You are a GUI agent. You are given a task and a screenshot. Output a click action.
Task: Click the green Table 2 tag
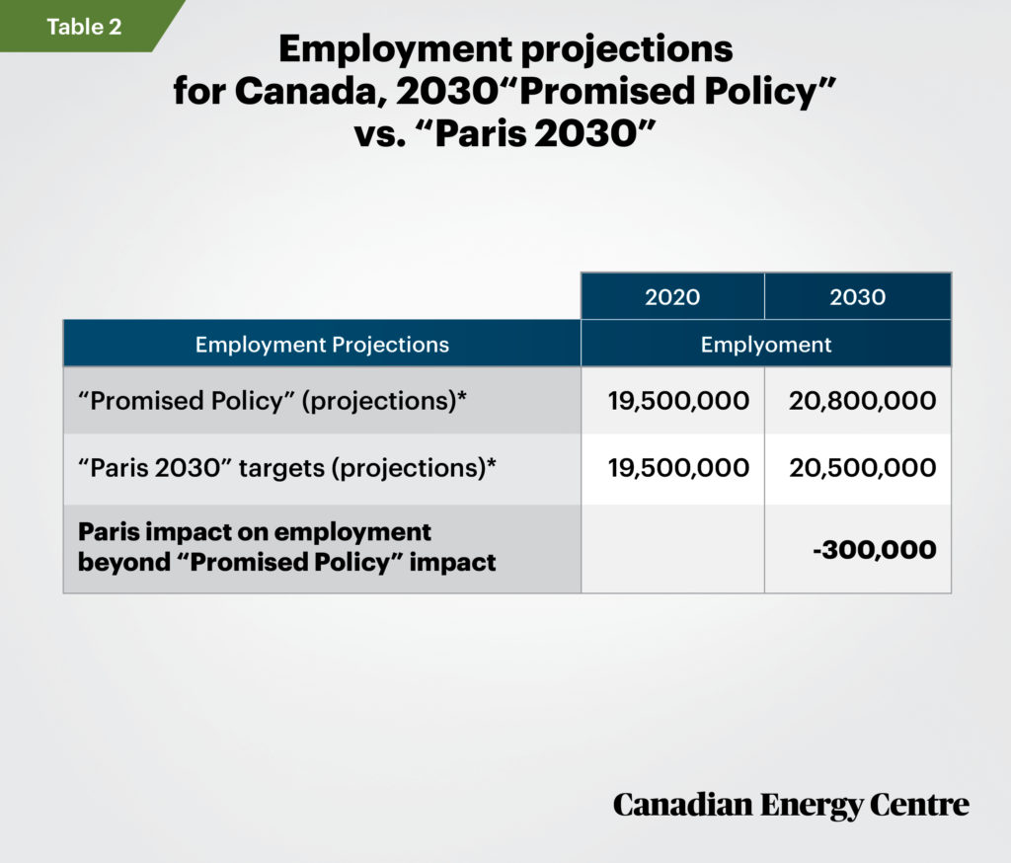point(84,26)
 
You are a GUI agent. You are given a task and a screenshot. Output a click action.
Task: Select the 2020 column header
point(672,296)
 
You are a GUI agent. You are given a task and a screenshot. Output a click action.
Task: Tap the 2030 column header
point(858,296)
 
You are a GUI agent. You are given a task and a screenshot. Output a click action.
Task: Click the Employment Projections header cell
point(323,345)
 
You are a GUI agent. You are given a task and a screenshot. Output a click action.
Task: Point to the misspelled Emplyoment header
point(766,345)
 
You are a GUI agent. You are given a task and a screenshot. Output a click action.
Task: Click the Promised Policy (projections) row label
point(272,401)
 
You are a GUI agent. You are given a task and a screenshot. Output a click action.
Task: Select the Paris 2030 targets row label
point(287,468)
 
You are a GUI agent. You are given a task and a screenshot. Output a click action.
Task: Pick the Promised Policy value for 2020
point(678,401)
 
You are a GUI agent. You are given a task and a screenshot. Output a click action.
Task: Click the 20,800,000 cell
point(863,401)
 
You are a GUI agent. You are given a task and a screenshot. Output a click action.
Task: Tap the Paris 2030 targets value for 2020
point(678,468)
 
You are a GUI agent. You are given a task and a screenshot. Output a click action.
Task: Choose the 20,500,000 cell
point(863,468)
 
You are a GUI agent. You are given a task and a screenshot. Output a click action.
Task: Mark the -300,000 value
point(875,550)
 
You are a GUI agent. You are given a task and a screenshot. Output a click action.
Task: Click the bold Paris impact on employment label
point(287,547)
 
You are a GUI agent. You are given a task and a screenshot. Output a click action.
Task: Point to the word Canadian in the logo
point(682,805)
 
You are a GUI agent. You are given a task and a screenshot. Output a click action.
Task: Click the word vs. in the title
point(380,134)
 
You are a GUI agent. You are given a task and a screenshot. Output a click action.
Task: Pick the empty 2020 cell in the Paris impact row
point(672,548)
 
